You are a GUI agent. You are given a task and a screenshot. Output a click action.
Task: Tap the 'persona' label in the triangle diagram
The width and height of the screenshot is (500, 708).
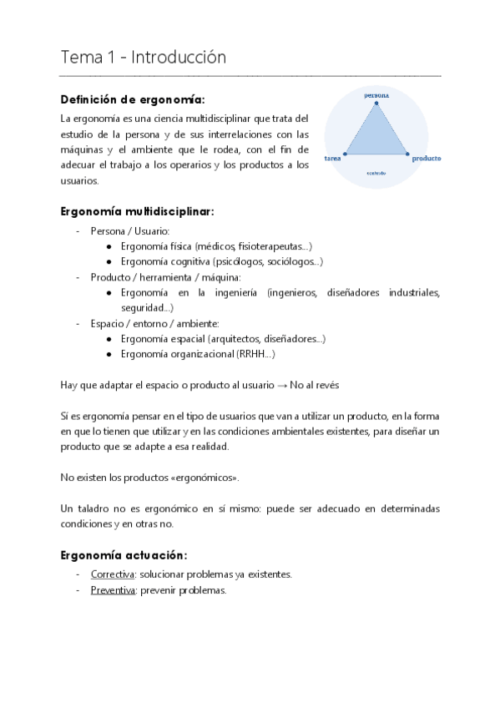pyautogui.click(x=376, y=95)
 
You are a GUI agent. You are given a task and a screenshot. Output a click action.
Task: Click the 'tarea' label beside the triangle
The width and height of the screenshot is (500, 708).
pyautogui.click(x=331, y=157)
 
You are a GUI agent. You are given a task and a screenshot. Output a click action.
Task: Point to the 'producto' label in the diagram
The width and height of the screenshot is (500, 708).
pyautogui.click(x=426, y=158)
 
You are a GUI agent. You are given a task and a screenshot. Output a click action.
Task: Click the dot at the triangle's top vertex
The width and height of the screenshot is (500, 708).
pyautogui.click(x=376, y=104)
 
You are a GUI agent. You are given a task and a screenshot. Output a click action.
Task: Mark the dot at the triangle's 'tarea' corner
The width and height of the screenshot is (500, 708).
pyautogui.click(x=345, y=154)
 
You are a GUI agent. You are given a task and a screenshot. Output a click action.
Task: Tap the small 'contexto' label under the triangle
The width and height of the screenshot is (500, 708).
pyautogui.click(x=376, y=174)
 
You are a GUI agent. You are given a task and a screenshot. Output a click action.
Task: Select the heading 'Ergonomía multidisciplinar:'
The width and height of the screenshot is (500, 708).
pyautogui.click(x=138, y=211)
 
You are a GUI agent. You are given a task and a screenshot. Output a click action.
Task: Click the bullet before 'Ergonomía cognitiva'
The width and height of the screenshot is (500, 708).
pyautogui.click(x=111, y=262)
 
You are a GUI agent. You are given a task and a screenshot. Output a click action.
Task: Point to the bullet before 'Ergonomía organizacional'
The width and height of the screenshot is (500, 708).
pyautogui.click(x=111, y=354)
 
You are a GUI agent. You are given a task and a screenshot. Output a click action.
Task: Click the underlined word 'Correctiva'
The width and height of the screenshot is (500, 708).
pyautogui.click(x=113, y=574)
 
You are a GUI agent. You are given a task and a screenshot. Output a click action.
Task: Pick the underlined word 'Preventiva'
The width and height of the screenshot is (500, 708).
pyautogui.click(x=114, y=589)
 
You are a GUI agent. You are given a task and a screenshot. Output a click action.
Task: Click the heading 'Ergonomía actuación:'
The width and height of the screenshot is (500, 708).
pyautogui.click(x=124, y=555)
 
